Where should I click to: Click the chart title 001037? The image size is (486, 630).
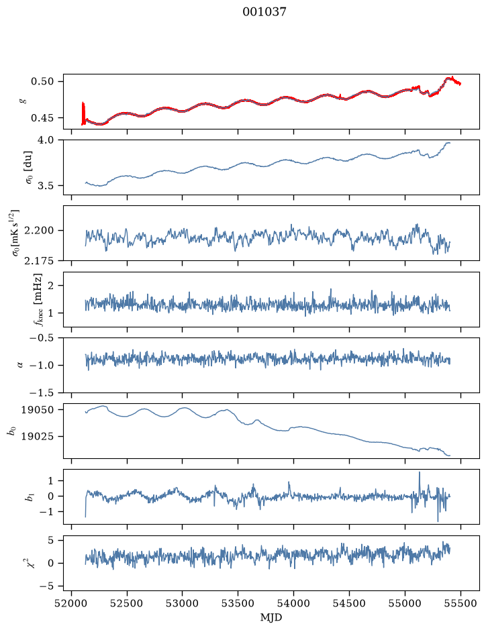point(264,12)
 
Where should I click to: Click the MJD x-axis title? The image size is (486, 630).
point(271,617)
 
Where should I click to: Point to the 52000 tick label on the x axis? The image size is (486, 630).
point(72,603)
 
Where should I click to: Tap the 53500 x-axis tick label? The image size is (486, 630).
point(238,603)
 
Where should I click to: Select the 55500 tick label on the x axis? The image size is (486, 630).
point(460,603)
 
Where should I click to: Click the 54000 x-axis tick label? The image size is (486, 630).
point(293,603)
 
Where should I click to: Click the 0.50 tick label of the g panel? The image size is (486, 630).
point(42,82)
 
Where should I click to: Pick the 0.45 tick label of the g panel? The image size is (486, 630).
point(42,118)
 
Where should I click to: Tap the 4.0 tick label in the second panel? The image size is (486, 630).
point(46,140)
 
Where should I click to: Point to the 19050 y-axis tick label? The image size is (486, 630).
point(37,410)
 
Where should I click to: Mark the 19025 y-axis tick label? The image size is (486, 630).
point(37,436)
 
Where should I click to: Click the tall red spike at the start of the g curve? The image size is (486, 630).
point(83,113)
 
